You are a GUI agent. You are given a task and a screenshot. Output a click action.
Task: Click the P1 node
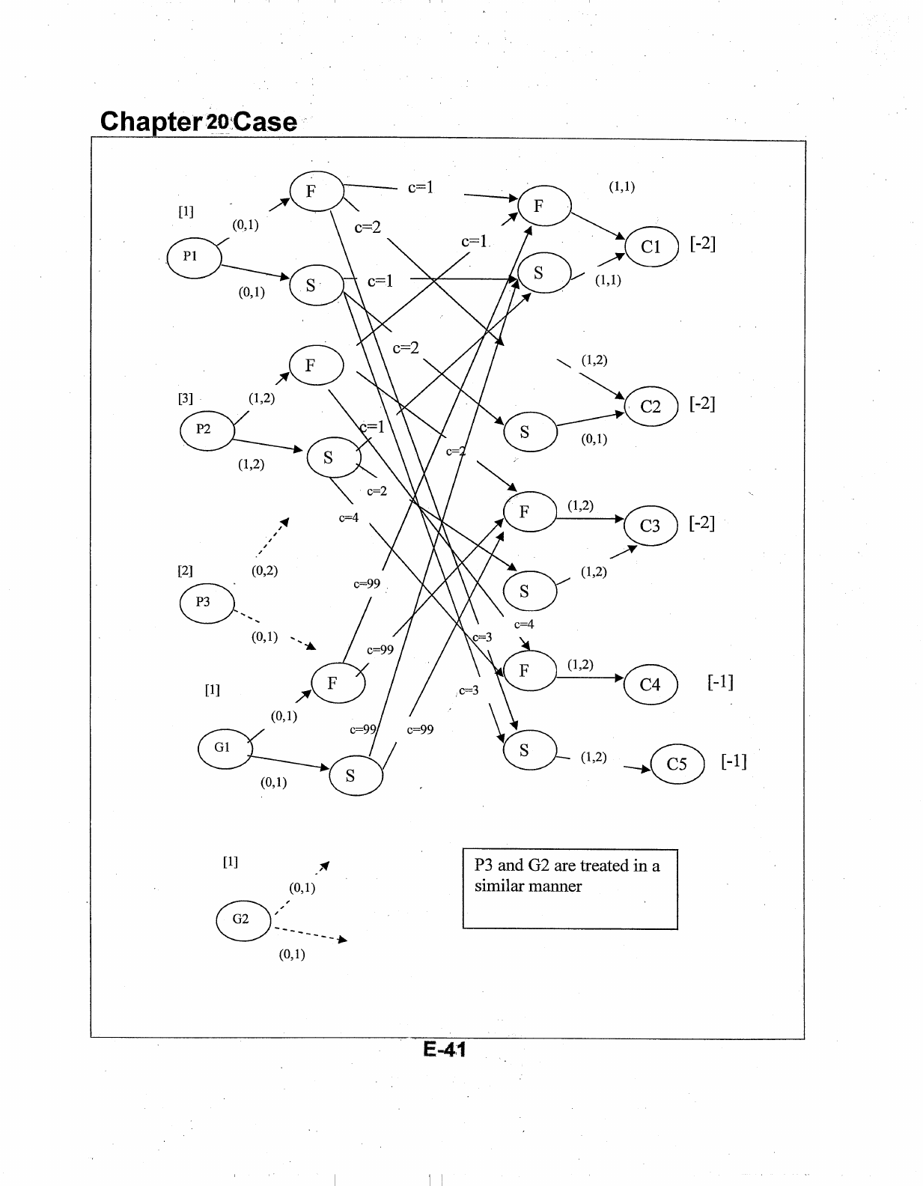[194, 257]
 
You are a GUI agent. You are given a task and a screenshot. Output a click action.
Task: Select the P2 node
[207, 430]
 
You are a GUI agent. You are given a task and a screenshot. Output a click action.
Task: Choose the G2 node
[243, 919]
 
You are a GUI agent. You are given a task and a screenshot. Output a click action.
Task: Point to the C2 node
[651, 407]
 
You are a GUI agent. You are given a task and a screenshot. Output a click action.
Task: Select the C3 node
[651, 526]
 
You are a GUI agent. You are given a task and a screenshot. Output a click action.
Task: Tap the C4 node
[651, 684]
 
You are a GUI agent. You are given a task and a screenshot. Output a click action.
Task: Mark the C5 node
[677, 764]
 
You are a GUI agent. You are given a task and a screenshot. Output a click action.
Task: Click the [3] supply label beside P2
[185, 398]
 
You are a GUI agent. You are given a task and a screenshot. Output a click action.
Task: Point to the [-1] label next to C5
[734, 762]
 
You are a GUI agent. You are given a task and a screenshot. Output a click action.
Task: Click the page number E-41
[445, 1050]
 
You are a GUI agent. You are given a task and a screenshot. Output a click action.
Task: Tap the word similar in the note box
[501, 887]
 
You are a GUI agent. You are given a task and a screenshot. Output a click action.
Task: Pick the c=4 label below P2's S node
[349, 517]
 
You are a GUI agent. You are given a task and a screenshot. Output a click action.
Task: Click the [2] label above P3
[185, 571]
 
